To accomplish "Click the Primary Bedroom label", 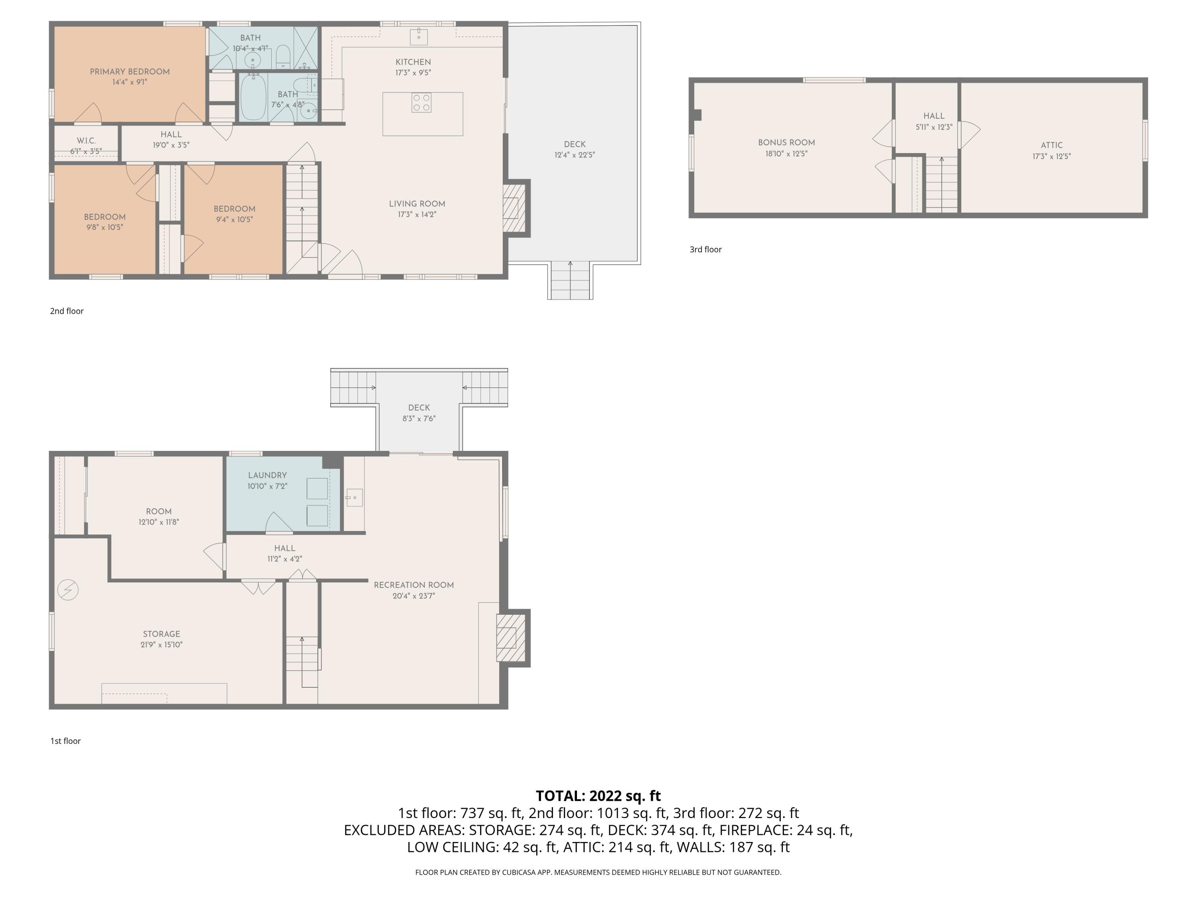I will (129, 71).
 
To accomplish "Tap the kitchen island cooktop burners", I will (422, 103).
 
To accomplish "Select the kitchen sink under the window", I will (418, 37).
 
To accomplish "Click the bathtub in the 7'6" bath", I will (253, 98).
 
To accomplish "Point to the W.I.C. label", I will (86, 141).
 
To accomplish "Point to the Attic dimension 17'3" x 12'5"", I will (1051, 156).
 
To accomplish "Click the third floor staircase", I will (942, 184).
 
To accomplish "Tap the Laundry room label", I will (267, 475).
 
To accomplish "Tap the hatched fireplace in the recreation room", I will (511, 637).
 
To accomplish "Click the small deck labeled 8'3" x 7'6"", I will (419, 413).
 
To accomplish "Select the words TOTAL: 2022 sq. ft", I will (598, 796).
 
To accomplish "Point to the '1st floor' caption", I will (65, 741).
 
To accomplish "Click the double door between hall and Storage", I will (258, 587).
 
